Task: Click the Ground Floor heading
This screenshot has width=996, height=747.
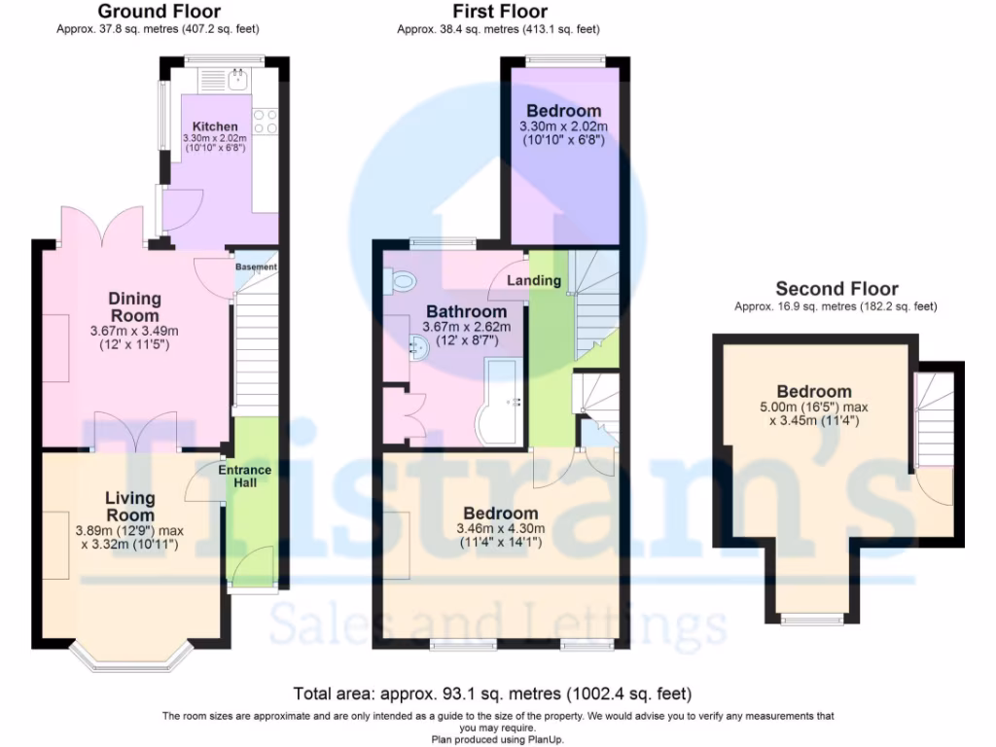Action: [160, 12]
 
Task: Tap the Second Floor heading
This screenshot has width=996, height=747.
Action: [836, 288]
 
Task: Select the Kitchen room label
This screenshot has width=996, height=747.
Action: [214, 126]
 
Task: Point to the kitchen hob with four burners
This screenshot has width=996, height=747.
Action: [266, 121]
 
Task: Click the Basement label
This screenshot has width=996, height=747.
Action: [257, 267]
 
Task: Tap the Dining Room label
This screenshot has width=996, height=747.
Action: [134, 306]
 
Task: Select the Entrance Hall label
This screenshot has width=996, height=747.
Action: [245, 476]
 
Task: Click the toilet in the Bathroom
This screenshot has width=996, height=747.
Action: [401, 282]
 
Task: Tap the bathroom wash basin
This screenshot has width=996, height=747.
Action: [419, 346]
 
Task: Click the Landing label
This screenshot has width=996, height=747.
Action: [535, 280]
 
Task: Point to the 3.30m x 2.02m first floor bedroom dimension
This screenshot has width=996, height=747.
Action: [564, 126]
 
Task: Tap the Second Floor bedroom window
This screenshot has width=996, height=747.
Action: [813, 617]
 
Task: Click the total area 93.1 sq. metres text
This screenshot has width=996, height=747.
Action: [492, 694]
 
